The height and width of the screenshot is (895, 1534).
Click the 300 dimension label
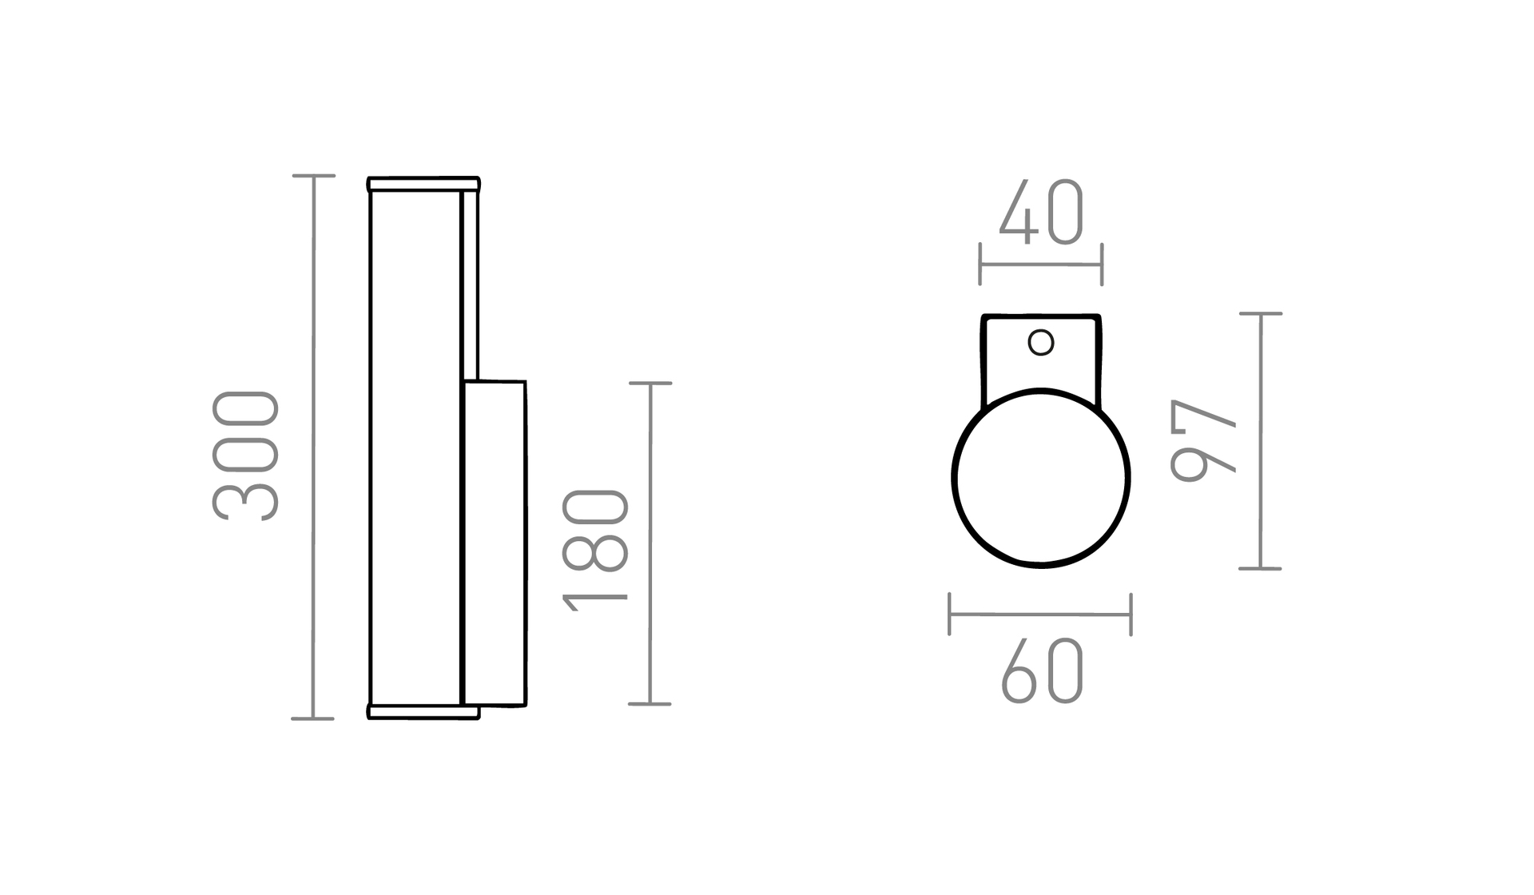(246, 455)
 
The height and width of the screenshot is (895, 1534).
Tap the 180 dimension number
(596, 550)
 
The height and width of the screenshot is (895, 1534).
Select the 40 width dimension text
(1041, 213)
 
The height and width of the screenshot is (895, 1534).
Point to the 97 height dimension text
(1202, 440)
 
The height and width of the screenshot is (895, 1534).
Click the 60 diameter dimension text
(1042, 671)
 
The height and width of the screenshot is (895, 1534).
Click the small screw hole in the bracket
(1041, 343)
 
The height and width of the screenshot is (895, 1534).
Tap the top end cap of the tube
(423, 185)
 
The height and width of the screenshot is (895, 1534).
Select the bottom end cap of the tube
(423, 711)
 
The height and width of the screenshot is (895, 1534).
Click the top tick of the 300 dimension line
(313, 176)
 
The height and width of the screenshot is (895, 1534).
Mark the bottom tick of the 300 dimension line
(313, 718)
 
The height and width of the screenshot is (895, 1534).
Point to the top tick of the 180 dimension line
(650, 384)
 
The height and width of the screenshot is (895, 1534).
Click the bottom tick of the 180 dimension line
(650, 704)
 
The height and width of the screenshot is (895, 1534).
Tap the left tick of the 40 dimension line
(980, 265)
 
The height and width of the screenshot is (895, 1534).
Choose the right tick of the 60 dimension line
(1131, 615)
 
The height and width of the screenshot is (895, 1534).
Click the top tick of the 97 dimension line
(1261, 314)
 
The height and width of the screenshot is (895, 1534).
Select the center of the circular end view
(1041, 478)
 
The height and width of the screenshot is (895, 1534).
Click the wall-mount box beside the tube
(495, 543)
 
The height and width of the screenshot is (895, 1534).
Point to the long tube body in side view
(415, 447)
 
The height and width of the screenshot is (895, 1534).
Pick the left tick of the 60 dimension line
(950, 615)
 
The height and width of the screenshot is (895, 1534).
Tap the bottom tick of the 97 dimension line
(1261, 568)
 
